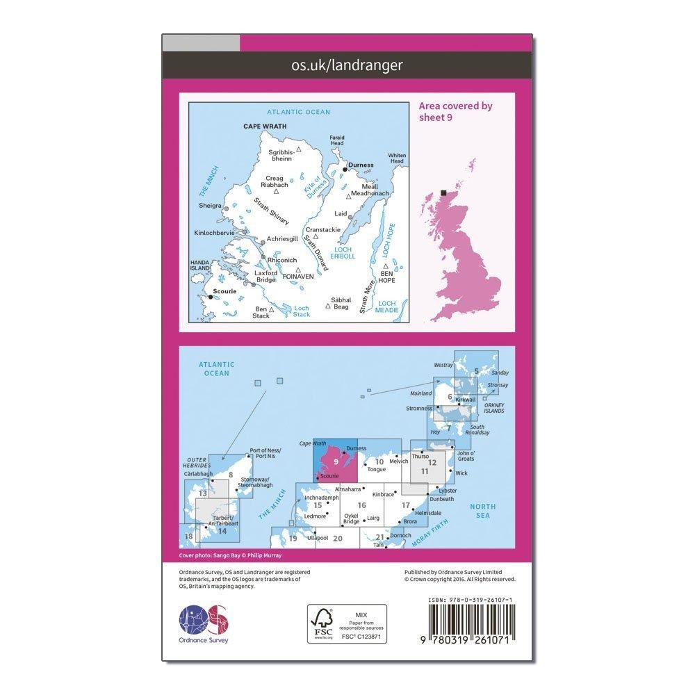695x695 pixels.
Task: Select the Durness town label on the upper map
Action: [x=361, y=165]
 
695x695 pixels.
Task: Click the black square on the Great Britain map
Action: [x=444, y=193]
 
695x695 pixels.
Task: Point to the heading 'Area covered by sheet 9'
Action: [x=455, y=111]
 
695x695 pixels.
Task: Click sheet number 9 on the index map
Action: [x=336, y=461]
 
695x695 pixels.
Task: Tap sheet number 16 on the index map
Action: [x=361, y=505]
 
